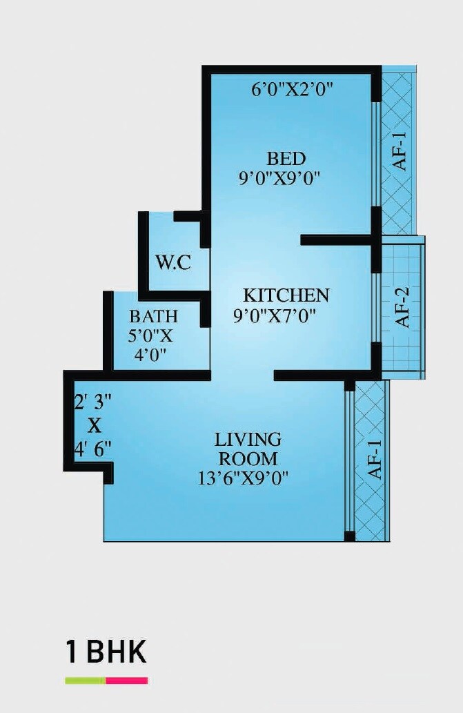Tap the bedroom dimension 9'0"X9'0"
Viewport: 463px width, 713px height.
(279, 178)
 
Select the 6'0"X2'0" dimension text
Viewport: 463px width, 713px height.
(293, 89)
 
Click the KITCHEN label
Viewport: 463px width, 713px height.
(287, 295)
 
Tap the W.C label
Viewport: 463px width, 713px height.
(173, 262)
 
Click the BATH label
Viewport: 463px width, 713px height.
(153, 316)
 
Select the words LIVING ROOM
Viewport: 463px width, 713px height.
(248, 449)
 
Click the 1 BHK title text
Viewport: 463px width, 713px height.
(106, 651)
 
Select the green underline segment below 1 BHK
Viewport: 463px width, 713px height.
(85, 681)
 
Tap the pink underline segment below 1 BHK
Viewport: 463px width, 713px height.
(127, 681)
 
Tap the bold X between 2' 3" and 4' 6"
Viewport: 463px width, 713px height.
(93, 424)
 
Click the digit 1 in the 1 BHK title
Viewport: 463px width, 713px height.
(70, 651)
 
